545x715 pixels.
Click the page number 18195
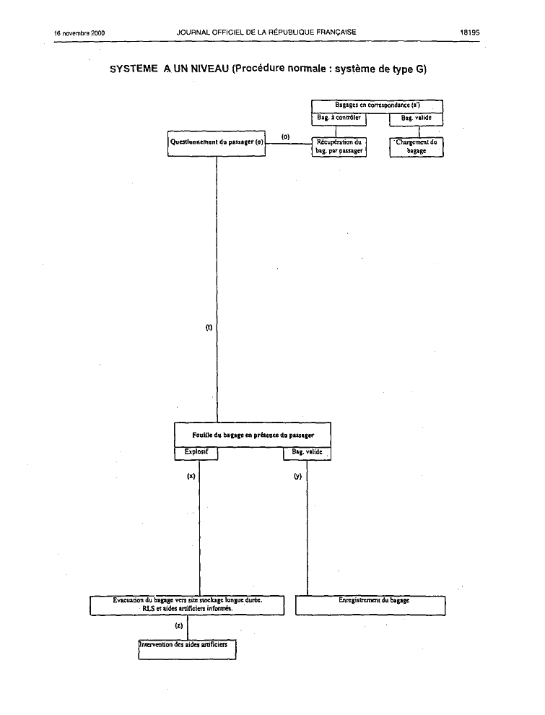coord(469,32)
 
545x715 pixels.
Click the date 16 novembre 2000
coord(79,32)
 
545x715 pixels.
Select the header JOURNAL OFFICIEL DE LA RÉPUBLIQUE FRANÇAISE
coord(266,32)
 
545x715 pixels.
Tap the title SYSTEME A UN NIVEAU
coord(169,69)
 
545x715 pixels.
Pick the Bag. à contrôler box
coord(339,118)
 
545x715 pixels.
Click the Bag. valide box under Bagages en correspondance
coord(416,118)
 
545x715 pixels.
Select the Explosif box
coord(196,454)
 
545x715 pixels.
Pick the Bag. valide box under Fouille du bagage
coord(307,454)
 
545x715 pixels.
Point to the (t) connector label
coord(209,327)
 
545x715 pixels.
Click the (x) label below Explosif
coord(191,476)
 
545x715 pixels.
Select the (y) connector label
coord(297,477)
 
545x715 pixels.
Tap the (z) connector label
coord(179,625)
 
